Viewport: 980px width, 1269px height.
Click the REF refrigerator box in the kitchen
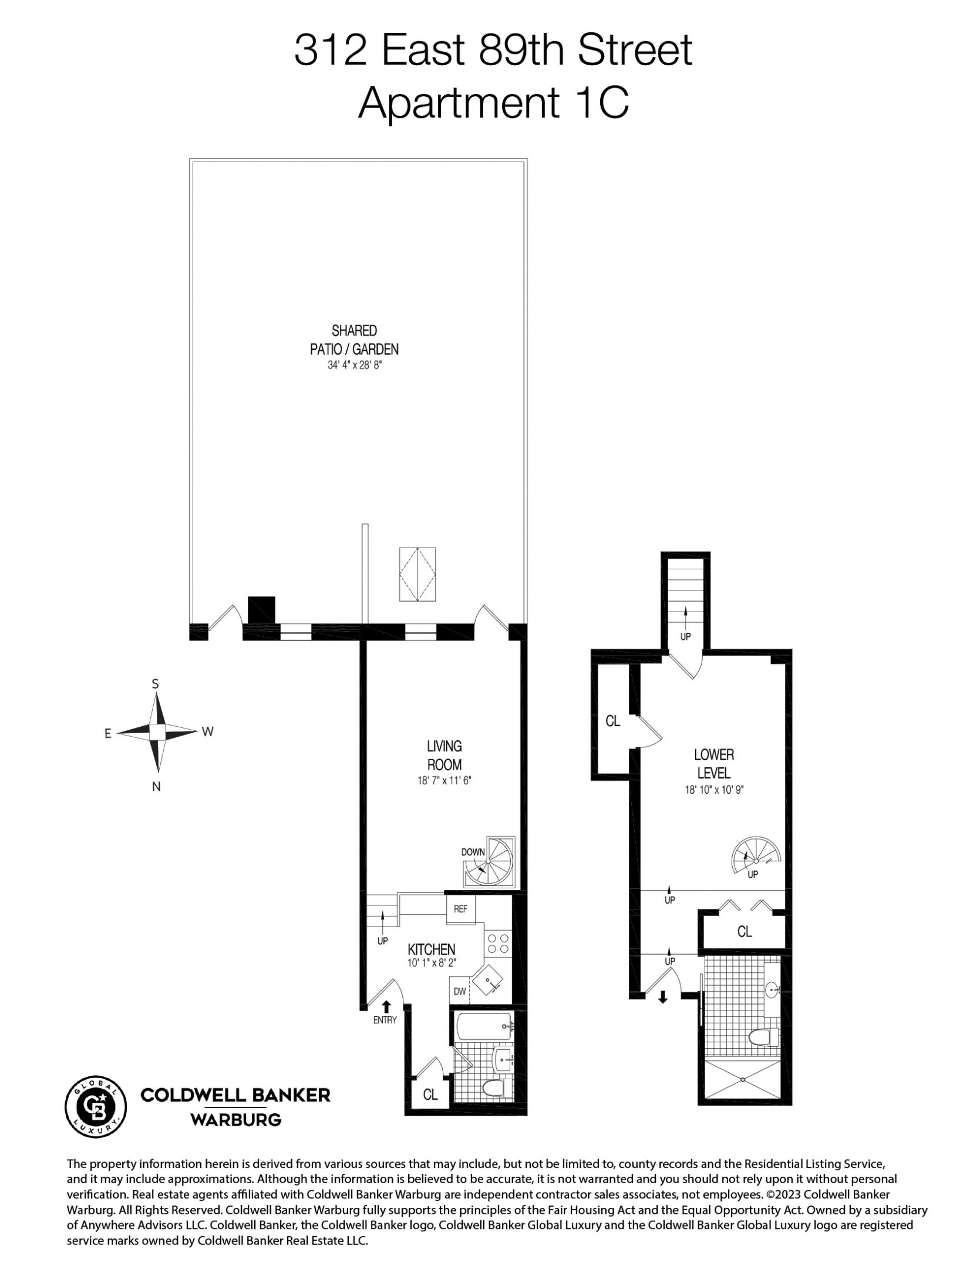pos(460,909)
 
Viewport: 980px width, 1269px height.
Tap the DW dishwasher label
pos(460,992)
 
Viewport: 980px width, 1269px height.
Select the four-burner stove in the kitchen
pos(498,944)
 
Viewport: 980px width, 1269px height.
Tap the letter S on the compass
pos(156,684)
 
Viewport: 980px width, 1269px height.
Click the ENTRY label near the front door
pos(385,1020)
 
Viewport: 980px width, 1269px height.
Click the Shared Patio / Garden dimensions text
pos(354,365)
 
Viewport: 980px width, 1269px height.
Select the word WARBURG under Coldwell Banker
pos(235,1120)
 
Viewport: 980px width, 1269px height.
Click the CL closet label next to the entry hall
pos(430,1095)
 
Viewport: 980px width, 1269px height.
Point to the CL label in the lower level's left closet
pos(612,721)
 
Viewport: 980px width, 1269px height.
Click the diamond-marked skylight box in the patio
pos(417,574)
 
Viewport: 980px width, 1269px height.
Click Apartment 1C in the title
pos(493,102)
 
